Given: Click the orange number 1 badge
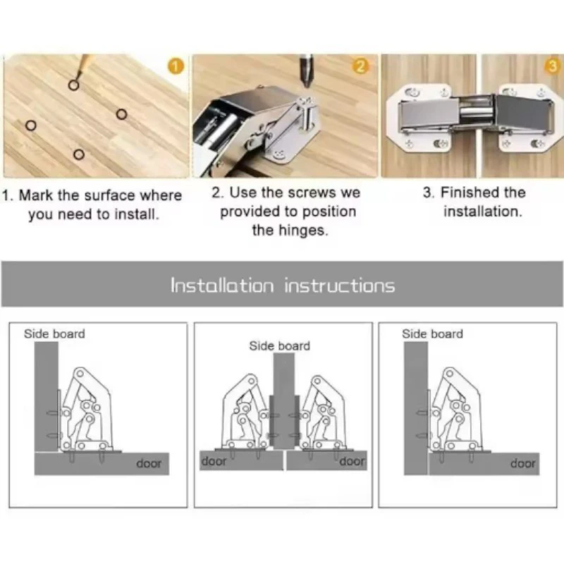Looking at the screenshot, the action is tap(176, 66).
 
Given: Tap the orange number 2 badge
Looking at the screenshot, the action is tap(361, 66).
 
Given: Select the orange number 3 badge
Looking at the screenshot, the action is tap(553, 66).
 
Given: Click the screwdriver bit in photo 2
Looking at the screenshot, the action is tap(307, 70).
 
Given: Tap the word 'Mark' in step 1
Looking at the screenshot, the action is tap(36, 195).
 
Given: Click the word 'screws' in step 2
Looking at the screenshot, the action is tap(312, 192).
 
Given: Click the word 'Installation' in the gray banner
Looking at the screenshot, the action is tap(222, 286).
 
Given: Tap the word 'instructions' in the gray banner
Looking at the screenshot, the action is tap(340, 286).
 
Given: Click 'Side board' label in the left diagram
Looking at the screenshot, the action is tap(55, 334).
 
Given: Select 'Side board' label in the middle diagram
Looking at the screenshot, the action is tap(279, 346).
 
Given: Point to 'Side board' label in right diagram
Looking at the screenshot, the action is tap(432, 334).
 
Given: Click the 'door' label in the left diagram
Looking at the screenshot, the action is tap(149, 463).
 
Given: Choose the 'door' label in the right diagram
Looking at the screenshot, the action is tap(522, 463).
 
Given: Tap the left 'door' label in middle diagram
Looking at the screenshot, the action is tap(214, 461).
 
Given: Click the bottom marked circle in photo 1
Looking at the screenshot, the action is tap(79, 154).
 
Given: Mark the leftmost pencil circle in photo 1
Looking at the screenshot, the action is tap(31, 125).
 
